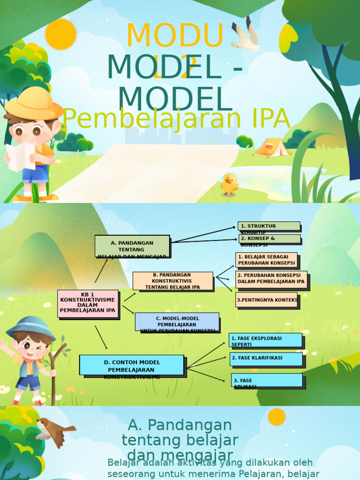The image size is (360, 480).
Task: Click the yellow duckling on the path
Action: [229, 184]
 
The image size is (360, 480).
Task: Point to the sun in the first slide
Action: [61, 34]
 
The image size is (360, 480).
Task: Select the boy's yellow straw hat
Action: [34, 104]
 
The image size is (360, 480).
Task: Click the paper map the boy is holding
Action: [20, 157]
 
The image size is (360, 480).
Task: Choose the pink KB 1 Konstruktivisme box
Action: [88, 303]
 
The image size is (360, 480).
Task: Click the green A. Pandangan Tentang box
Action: [132, 246]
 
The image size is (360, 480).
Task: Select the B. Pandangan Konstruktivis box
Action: [172, 281]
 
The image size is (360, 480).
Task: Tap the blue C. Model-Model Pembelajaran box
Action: [177, 322]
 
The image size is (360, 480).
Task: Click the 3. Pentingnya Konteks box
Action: [266, 300]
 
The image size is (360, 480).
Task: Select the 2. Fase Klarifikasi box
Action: [266, 359]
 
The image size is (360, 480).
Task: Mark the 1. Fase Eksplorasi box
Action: [265, 340]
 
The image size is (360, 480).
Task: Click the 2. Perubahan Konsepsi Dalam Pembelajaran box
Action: [271, 279]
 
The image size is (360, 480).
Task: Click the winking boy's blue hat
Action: [30, 327]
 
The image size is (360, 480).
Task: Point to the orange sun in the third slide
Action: [277, 417]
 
